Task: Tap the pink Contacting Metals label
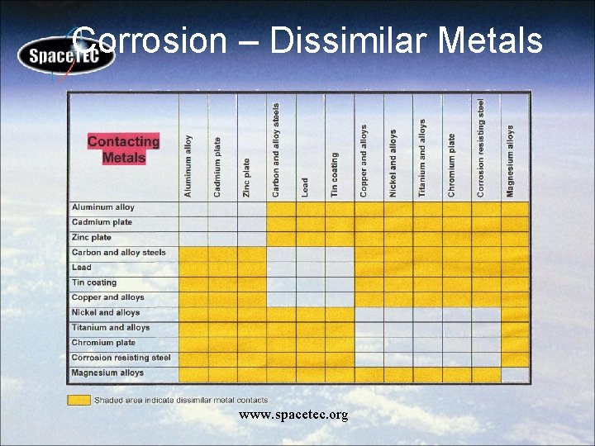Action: click(x=123, y=149)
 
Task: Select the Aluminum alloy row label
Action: click(x=103, y=207)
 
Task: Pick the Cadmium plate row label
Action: click(x=102, y=222)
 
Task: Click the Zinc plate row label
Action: click(x=92, y=238)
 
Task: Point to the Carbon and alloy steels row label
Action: click(x=118, y=253)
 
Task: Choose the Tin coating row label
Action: click(x=94, y=282)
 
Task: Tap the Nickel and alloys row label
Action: click(x=106, y=313)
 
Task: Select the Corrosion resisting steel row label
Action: click(x=121, y=358)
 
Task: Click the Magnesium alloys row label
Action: click(x=107, y=373)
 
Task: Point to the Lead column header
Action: click(x=305, y=187)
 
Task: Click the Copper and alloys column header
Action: click(x=364, y=161)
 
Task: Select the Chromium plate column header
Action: click(x=451, y=165)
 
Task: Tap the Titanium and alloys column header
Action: click(x=422, y=158)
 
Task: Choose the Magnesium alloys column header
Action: click(x=511, y=161)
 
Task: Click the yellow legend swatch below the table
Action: click(x=79, y=400)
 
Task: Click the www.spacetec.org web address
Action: click(x=293, y=415)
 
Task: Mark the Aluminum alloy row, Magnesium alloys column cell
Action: click(x=515, y=208)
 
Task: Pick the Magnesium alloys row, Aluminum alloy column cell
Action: click(x=193, y=374)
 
